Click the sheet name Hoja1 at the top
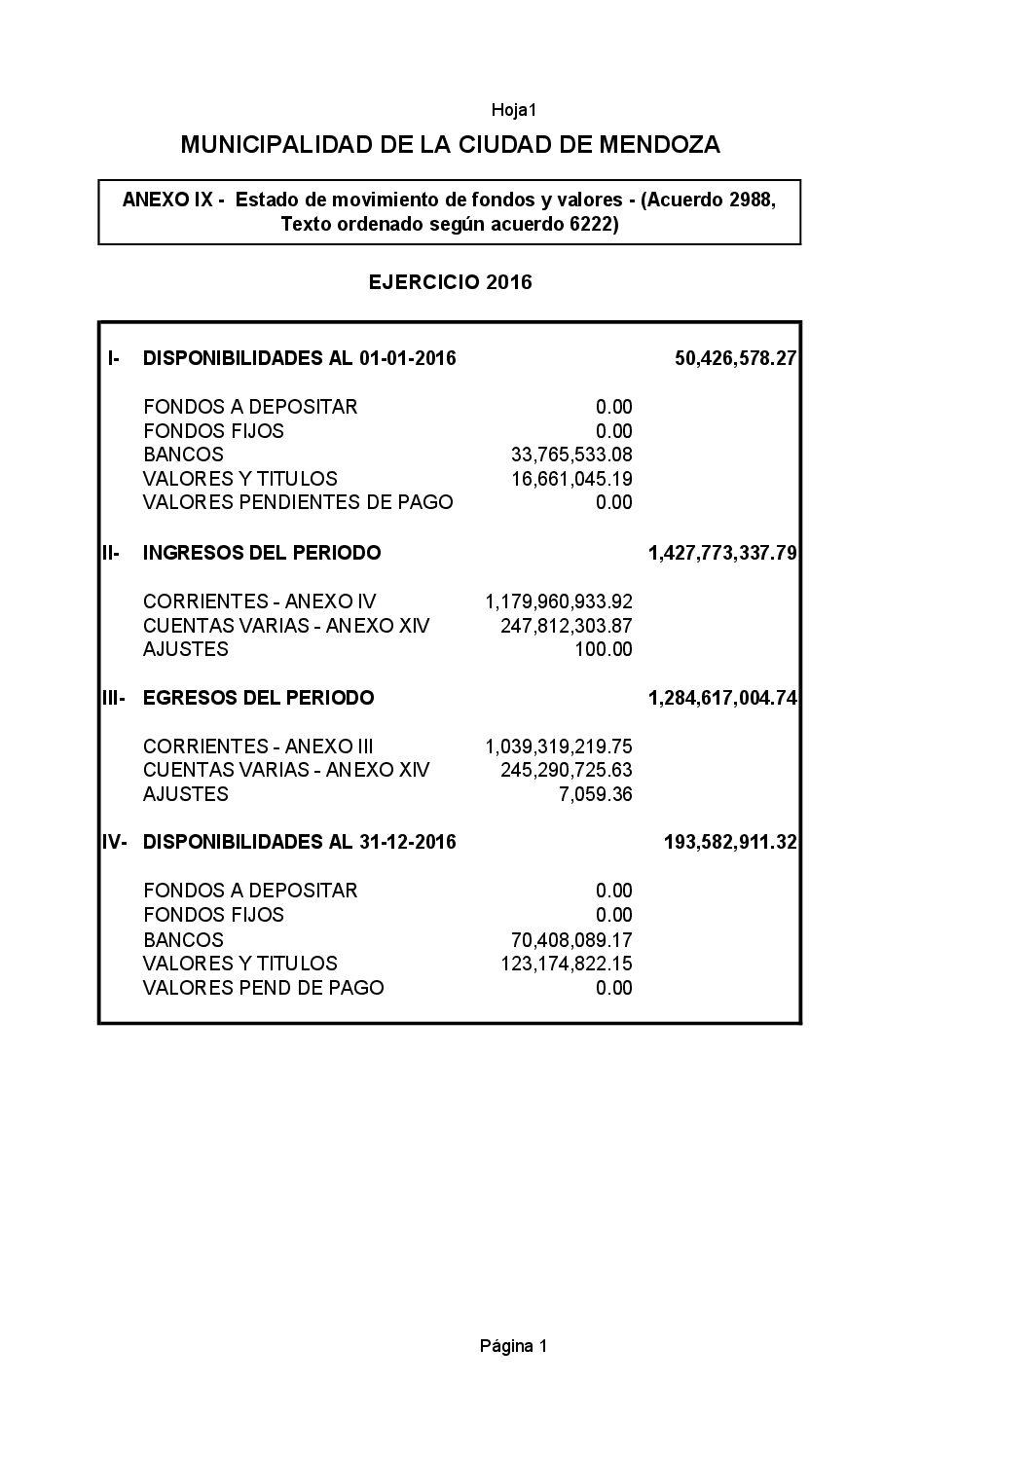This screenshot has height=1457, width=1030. click(x=514, y=110)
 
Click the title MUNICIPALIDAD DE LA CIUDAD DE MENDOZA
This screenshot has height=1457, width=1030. click(x=451, y=145)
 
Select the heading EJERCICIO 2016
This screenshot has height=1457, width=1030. click(x=450, y=282)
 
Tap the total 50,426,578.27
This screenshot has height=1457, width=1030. click(x=735, y=358)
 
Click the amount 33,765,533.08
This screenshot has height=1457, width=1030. click(x=571, y=455)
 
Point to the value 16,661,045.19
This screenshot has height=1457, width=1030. click(x=571, y=479)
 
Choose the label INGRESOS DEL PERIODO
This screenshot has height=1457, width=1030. click(x=262, y=553)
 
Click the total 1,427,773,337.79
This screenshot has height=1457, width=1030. click(x=722, y=554)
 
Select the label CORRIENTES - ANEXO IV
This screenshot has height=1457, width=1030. click(x=259, y=601)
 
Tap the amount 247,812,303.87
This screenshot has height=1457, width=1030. click(x=567, y=626)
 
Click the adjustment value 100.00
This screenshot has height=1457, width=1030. click(x=604, y=649)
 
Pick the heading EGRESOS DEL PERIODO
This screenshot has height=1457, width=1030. click(x=258, y=698)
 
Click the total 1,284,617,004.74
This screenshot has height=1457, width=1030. click(x=722, y=698)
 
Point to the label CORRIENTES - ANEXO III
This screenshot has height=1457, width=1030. click(x=258, y=747)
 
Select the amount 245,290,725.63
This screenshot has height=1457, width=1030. click(x=567, y=770)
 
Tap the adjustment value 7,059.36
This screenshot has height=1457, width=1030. click(x=596, y=794)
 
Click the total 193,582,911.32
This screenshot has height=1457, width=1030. click(x=730, y=842)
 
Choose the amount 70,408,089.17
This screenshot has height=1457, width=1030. click(x=571, y=940)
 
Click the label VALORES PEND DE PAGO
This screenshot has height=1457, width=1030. click(x=263, y=988)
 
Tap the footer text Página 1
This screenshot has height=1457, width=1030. click(x=514, y=1346)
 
